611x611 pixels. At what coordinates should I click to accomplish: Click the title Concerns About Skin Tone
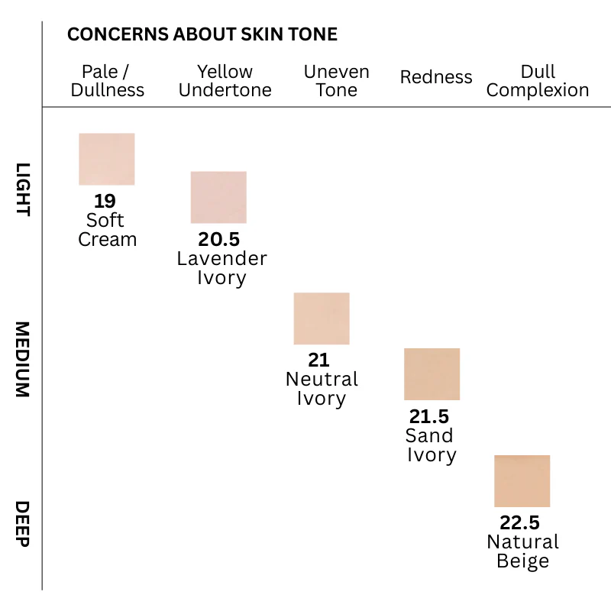click(x=202, y=34)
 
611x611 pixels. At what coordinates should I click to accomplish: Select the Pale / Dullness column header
click(x=107, y=81)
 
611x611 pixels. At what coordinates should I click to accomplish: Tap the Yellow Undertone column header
click(x=225, y=81)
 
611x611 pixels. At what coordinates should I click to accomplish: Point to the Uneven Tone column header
click(x=336, y=81)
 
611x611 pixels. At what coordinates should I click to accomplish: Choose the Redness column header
click(x=436, y=77)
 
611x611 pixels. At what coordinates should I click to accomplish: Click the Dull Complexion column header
click(x=538, y=81)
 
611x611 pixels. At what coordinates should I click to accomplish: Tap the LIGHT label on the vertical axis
click(x=23, y=189)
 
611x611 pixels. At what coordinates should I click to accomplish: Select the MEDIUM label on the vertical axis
click(x=23, y=359)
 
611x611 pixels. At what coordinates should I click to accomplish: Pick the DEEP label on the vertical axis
click(x=23, y=524)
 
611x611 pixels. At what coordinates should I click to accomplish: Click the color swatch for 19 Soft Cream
click(x=107, y=159)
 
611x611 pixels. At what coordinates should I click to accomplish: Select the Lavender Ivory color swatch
click(x=218, y=197)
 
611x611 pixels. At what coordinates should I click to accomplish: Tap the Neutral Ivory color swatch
click(x=322, y=318)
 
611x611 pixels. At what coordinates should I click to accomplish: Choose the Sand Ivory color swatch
click(x=432, y=374)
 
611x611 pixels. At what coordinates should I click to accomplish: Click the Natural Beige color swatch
click(x=522, y=481)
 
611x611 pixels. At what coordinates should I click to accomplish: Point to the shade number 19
click(x=105, y=201)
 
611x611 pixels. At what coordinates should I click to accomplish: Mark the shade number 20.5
click(x=218, y=239)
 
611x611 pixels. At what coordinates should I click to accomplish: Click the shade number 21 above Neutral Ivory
click(x=318, y=360)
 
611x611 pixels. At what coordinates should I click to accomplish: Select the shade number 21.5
click(x=429, y=416)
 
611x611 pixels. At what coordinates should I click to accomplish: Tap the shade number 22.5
click(x=520, y=523)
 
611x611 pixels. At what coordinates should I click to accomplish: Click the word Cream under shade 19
click(x=107, y=239)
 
